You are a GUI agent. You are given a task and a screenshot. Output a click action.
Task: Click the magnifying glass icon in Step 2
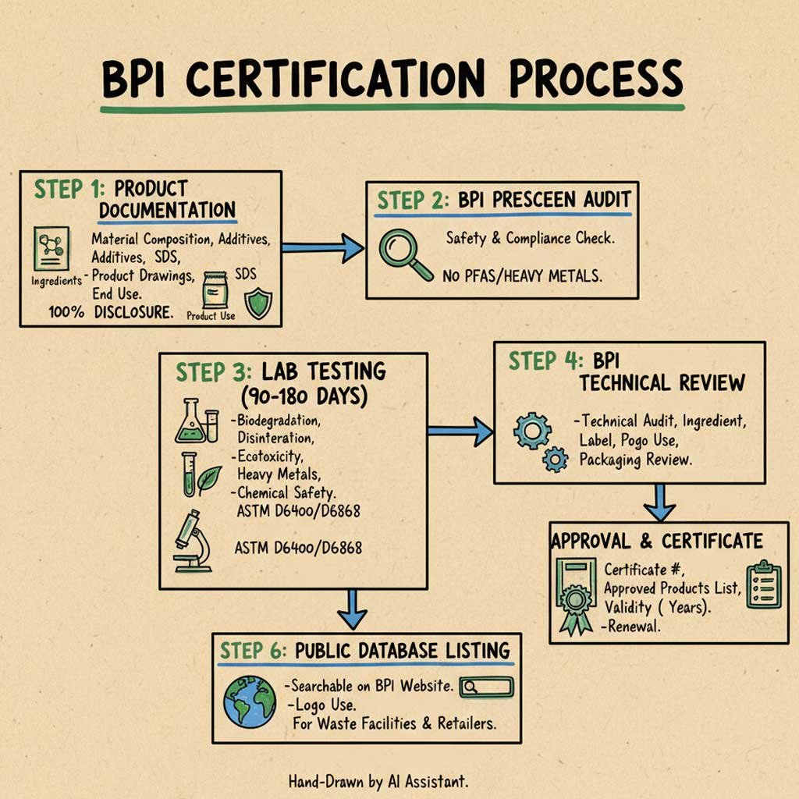(403, 256)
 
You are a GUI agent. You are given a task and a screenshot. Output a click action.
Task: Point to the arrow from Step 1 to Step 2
(321, 248)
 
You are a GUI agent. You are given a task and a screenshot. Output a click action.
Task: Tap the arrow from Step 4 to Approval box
(660, 502)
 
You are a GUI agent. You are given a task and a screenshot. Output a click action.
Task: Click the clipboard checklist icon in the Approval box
(763, 584)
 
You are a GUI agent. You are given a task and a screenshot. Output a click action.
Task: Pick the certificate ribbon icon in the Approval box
(577, 595)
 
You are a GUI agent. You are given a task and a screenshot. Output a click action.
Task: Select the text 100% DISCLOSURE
(111, 311)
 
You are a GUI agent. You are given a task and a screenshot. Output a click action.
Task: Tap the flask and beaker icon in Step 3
(197, 421)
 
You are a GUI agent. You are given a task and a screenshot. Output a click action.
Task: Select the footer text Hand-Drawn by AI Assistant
(378, 780)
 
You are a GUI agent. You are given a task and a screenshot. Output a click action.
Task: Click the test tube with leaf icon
(197, 474)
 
